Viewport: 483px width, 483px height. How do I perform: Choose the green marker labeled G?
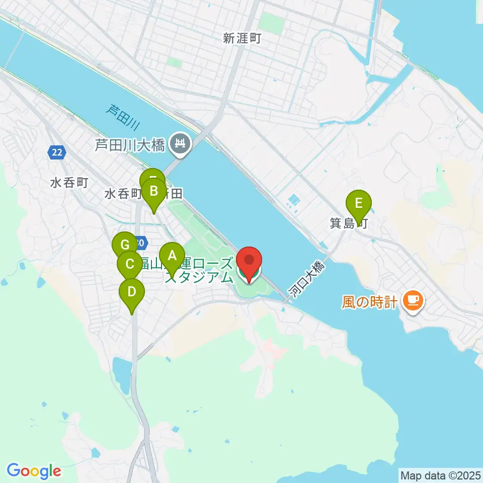pyautogui.click(x=124, y=246)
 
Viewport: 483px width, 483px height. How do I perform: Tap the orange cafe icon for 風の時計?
pyautogui.click(x=413, y=300)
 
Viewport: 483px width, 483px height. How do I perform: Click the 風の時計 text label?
pyautogui.click(x=370, y=302)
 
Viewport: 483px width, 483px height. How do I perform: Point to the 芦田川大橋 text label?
pyautogui.click(x=130, y=146)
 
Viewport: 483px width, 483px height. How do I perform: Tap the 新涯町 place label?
pyautogui.click(x=242, y=38)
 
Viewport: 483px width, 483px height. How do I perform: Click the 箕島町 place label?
pyautogui.click(x=348, y=223)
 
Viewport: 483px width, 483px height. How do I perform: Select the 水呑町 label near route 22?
pyautogui.click(x=69, y=183)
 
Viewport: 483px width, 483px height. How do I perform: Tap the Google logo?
pyautogui.click(x=34, y=471)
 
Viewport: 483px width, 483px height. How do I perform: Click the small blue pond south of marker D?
pyautogui.click(x=122, y=373)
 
